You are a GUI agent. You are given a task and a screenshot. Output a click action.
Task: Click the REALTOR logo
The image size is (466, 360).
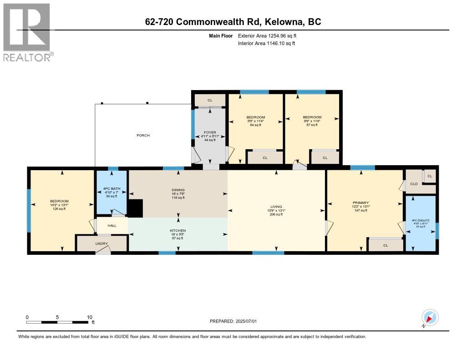[x=27, y=32]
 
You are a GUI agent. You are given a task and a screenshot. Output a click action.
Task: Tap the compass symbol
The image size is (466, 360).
[x=430, y=317]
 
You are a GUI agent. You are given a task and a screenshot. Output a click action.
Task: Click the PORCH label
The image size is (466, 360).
[x=143, y=135]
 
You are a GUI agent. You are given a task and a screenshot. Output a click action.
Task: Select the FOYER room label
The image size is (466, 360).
[x=209, y=132]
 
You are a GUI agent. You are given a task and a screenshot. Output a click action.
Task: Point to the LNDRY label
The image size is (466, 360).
[x=101, y=244]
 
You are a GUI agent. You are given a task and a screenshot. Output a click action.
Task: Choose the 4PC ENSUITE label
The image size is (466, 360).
[x=421, y=220]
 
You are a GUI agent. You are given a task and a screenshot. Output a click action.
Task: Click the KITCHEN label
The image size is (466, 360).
[x=177, y=231]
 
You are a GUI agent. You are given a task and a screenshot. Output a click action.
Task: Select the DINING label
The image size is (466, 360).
[x=177, y=190]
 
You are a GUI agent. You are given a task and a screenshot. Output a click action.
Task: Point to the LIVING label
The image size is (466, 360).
[x=276, y=207]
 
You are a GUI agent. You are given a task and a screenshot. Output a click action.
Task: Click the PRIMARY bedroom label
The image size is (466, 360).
[x=360, y=203]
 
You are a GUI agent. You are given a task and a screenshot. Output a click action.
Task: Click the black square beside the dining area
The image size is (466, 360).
[x=136, y=208]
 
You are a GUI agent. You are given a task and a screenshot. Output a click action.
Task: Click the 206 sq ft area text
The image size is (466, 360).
[x=276, y=214]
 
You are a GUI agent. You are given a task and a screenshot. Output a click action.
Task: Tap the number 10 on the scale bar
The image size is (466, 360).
[x=90, y=317]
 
